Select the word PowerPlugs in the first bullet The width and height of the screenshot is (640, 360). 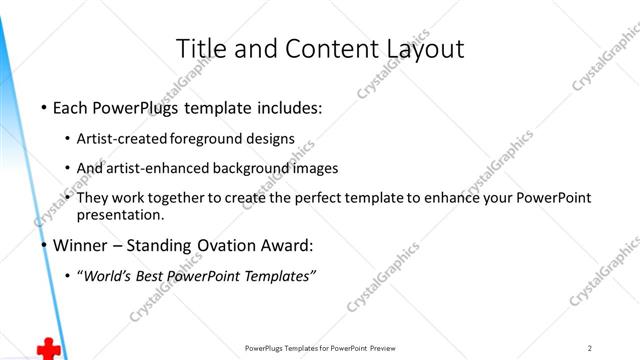tap(130, 107)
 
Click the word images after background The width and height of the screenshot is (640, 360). tap(317, 168)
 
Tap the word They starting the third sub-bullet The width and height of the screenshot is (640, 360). tap(92, 198)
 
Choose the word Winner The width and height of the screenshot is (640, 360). tap(82, 244)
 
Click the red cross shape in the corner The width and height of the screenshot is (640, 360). tap(47, 348)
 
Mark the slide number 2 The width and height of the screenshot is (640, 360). tap(591, 348)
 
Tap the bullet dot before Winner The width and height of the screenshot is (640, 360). tap(43, 245)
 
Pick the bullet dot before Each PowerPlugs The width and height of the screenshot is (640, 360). tap(43, 108)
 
